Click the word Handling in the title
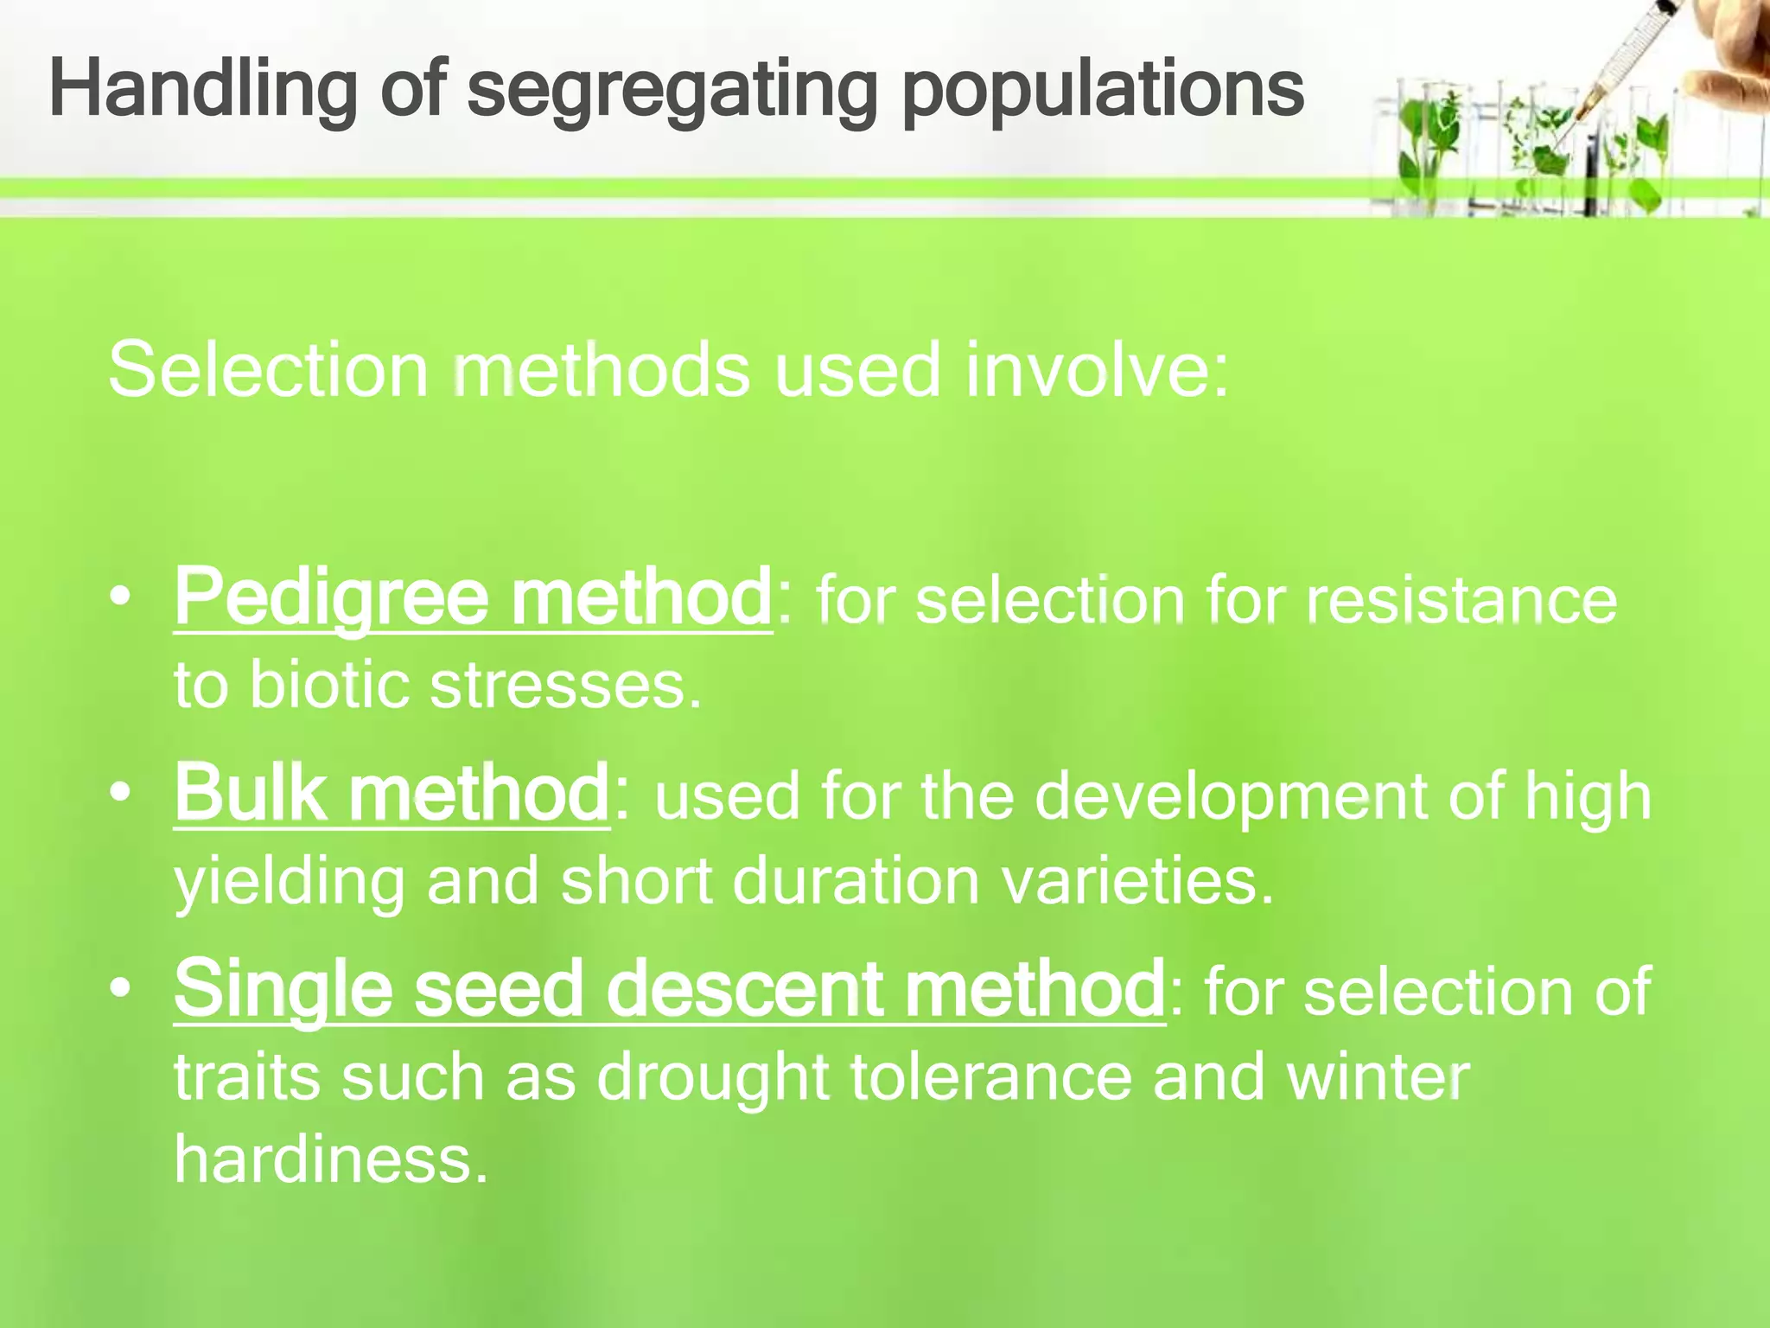[203, 91]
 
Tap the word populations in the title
[1102, 91]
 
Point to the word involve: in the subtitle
[1096, 370]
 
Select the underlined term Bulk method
[392, 793]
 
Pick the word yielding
[289, 882]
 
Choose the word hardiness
[331, 1160]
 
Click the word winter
[1378, 1077]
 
